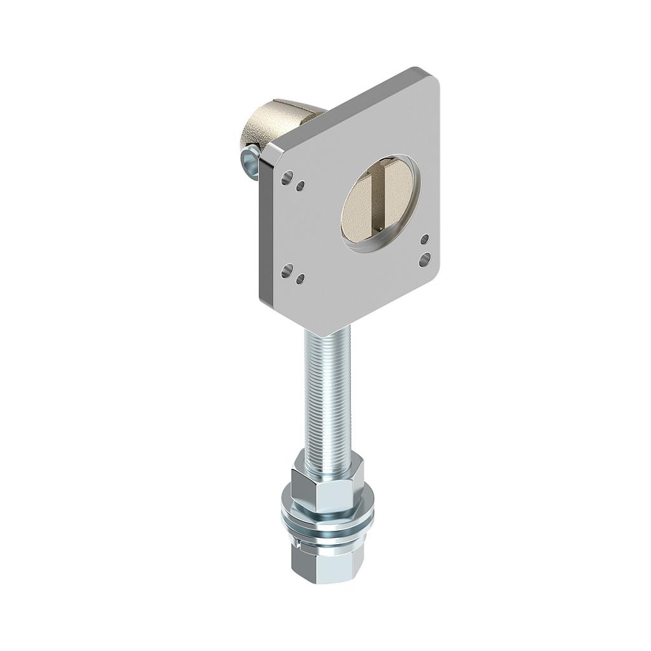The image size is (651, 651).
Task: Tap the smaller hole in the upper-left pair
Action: click(x=301, y=186)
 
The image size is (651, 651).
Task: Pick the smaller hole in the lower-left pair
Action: click(x=301, y=278)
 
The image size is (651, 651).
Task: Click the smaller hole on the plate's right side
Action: click(x=425, y=239)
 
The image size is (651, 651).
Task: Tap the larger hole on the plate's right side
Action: click(x=425, y=258)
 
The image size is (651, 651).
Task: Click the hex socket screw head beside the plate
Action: click(x=250, y=161)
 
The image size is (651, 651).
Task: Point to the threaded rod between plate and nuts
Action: click(x=327, y=394)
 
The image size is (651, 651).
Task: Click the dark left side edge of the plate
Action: click(x=262, y=229)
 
